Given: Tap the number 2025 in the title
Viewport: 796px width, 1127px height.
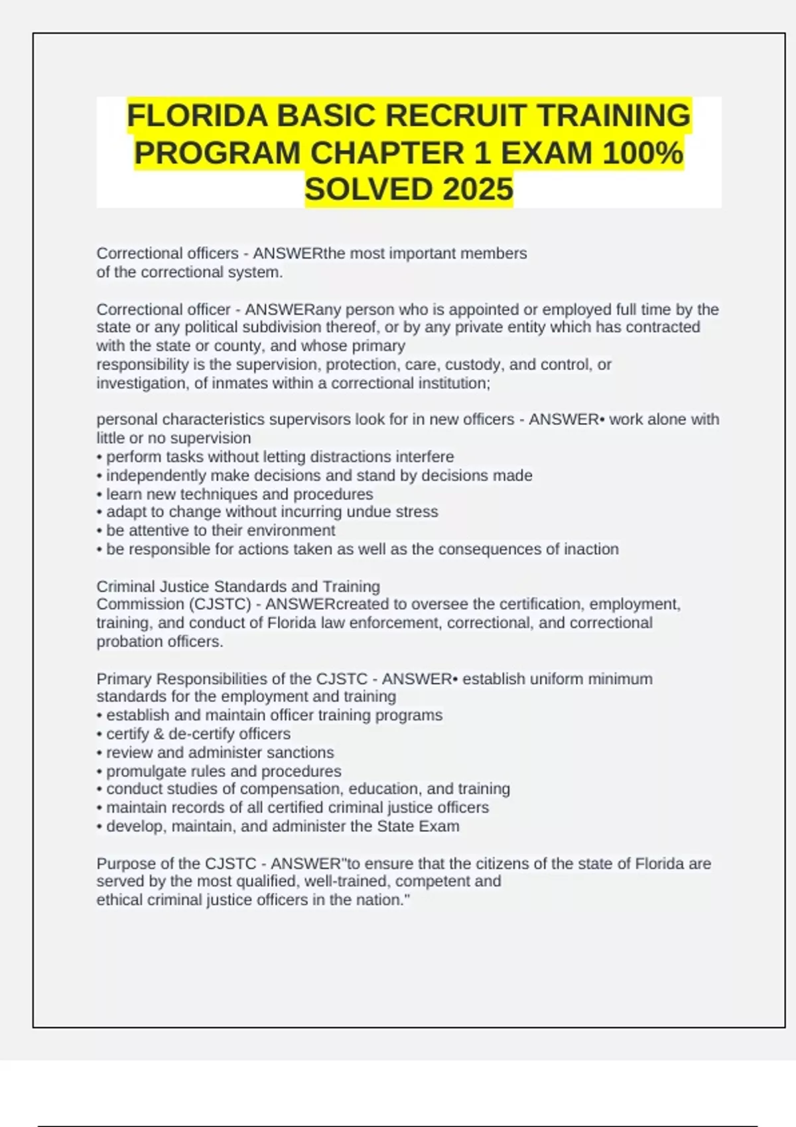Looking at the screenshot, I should pyautogui.click(x=478, y=190).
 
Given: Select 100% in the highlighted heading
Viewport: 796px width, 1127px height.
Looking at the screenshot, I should pyautogui.click(x=643, y=153).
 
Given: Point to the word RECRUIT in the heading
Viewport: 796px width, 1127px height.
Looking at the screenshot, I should pyautogui.click(x=456, y=115).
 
